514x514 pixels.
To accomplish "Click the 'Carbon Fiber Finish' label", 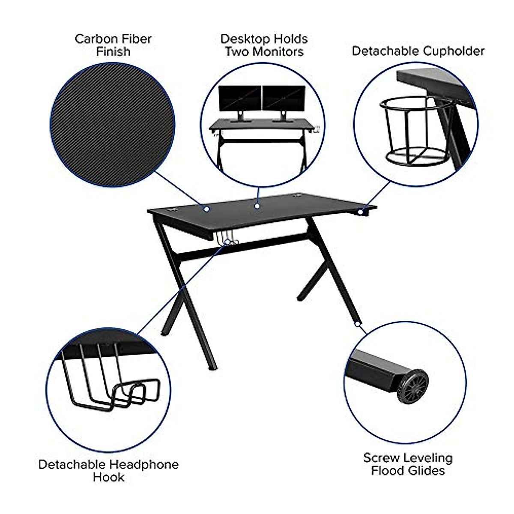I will (x=113, y=45).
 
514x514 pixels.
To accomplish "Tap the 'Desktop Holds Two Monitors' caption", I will (x=264, y=45).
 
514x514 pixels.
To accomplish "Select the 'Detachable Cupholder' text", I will (x=418, y=51).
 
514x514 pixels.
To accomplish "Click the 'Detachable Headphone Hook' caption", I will (x=108, y=470).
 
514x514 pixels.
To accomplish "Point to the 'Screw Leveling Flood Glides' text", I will (x=408, y=464).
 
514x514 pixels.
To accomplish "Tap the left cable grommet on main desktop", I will (x=173, y=210).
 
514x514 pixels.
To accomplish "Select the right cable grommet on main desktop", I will (x=297, y=197).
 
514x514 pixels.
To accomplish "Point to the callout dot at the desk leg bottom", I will (x=356, y=324).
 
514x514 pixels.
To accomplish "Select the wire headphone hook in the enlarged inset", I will (x=111, y=385).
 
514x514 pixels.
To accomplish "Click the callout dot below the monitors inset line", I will (x=257, y=206).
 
